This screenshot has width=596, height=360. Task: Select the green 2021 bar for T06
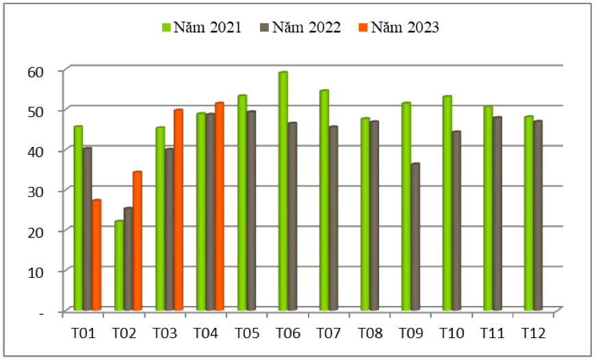(283, 192)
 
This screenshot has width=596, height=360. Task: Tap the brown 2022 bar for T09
(415, 237)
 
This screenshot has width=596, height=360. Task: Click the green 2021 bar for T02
(119, 266)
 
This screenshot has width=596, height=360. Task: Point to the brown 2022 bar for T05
(251, 211)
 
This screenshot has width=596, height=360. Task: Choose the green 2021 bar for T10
(447, 203)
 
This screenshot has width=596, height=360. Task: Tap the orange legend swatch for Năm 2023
(363, 28)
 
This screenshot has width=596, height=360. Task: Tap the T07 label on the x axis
(329, 333)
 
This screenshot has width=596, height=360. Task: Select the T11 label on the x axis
(493, 333)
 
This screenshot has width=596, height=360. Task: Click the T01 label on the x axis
(83, 333)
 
